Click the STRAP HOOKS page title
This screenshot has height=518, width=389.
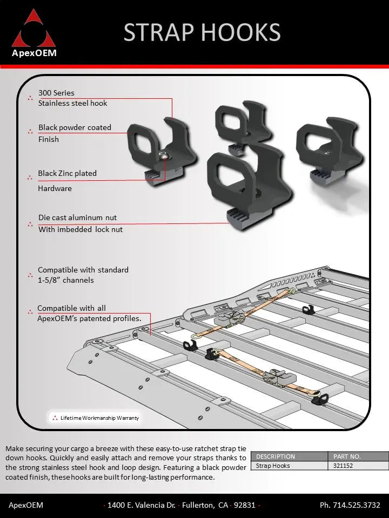(x=202, y=32)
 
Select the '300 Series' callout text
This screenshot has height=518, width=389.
(x=56, y=93)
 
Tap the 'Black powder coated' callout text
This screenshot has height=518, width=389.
(x=75, y=128)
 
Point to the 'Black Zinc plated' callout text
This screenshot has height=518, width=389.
(x=67, y=173)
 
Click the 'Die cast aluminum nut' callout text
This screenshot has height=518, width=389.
(x=77, y=217)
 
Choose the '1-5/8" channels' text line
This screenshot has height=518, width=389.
(x=65, y=280)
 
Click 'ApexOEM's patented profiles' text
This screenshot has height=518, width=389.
(x=89, y=318)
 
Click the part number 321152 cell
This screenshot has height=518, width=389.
(x=343, y=466)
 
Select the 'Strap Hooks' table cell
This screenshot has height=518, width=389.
(x=273, y=466)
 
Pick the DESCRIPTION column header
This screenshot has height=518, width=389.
(x=276, y=456)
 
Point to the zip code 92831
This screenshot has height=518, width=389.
(x=245, y=506)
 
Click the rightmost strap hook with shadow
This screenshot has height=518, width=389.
(x=329, y=146)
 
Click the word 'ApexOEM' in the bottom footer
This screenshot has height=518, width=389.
(x=26, y=506)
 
